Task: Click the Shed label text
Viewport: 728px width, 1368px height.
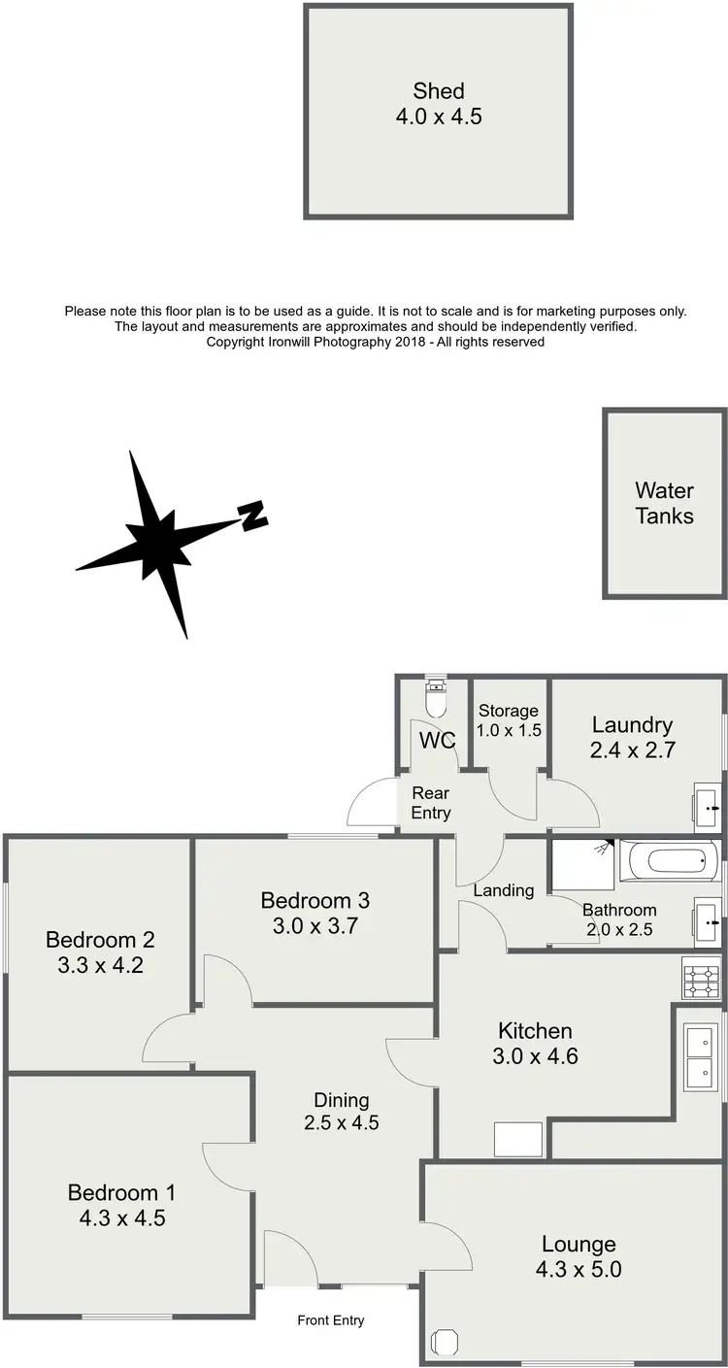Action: pos(439,91)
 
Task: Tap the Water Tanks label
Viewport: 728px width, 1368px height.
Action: pos(665,503)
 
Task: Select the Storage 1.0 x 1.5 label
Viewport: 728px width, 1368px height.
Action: pos(508,720)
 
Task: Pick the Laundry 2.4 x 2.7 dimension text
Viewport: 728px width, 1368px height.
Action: pos(633,750)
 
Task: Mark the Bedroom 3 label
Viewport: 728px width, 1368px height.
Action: pos(315,901)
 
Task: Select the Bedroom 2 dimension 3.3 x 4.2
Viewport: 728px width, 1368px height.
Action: pos(100,965)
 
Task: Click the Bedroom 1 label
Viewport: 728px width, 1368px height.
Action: pos(121,1192)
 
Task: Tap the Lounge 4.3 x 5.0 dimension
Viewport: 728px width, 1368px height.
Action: pos(579,1269)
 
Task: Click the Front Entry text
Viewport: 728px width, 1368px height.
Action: pos(331,1319)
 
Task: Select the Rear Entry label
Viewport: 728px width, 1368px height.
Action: pos(431,803)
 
